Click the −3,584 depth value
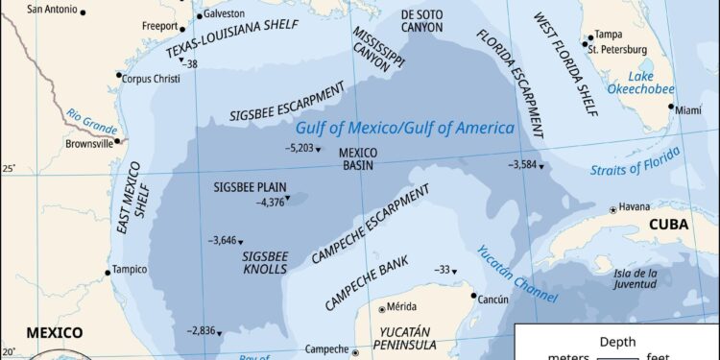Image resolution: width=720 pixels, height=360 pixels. coord(522,164)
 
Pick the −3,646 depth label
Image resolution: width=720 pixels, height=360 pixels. coord(222,240)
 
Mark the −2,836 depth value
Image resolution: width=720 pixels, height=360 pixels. coord(203,330)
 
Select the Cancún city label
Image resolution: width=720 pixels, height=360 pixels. coord(492,300)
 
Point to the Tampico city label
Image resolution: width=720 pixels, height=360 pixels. coord(132,270)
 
